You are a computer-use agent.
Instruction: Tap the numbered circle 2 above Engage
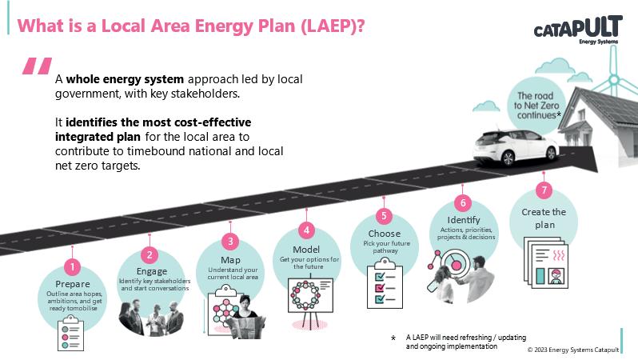[x=150, y=255]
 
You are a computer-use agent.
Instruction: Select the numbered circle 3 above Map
[x=229, y=240]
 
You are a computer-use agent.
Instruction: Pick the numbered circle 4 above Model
[x=305, y=230]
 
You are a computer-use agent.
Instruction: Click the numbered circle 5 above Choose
[x=385, y=215]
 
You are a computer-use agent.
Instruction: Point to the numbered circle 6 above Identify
[x=463, y=202]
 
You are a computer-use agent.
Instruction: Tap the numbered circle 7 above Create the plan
[x=544, y=190]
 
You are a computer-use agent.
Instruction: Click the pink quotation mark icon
[x=37, y=67]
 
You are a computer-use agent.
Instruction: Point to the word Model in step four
[x=306, y=249]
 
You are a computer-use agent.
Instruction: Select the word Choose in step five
[x=385, y=234]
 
